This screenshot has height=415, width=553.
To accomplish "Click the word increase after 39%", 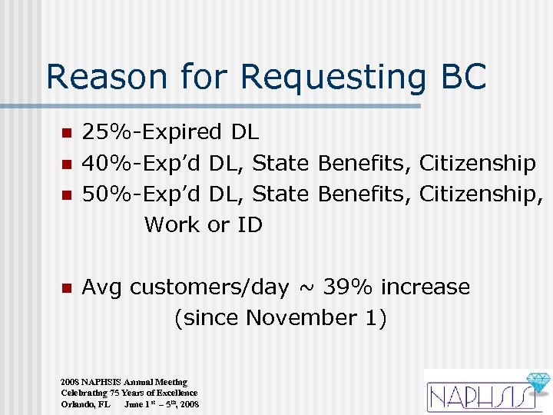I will click(x=426, y=287).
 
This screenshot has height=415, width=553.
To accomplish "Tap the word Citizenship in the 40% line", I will click(x=477, y=163).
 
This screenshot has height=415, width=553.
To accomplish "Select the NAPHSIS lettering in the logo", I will click(x=476, y=397).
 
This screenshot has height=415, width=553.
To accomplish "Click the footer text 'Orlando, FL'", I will click(x=85, y=403).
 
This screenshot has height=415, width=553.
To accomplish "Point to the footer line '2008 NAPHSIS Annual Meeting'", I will click(x=124, y=382).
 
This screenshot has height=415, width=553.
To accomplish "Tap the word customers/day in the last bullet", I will click(x=209, y=287).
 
